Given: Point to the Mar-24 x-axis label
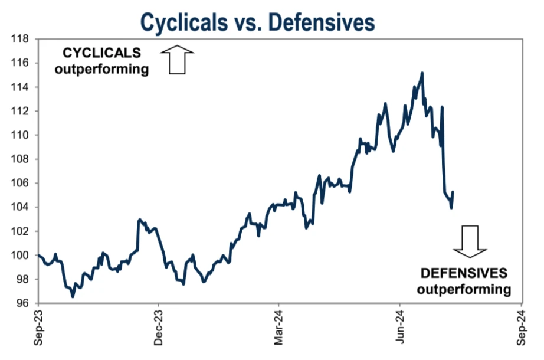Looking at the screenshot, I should pyautogui.click(x=279, y=328).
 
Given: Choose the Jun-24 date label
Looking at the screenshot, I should pyautogui.click(x=400, y=328).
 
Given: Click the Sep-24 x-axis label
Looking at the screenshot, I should pyautogui.click(x=521, y=328).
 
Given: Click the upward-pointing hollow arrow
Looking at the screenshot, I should pyautogui.click(x=178, y=60).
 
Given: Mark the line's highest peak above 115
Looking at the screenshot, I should pyautogui.click(x=422, y=73).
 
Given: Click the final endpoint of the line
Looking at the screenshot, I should pyautogui.click(x=453, y=192).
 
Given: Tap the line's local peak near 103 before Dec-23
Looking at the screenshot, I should pyautogui.click(x=139, y=220).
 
